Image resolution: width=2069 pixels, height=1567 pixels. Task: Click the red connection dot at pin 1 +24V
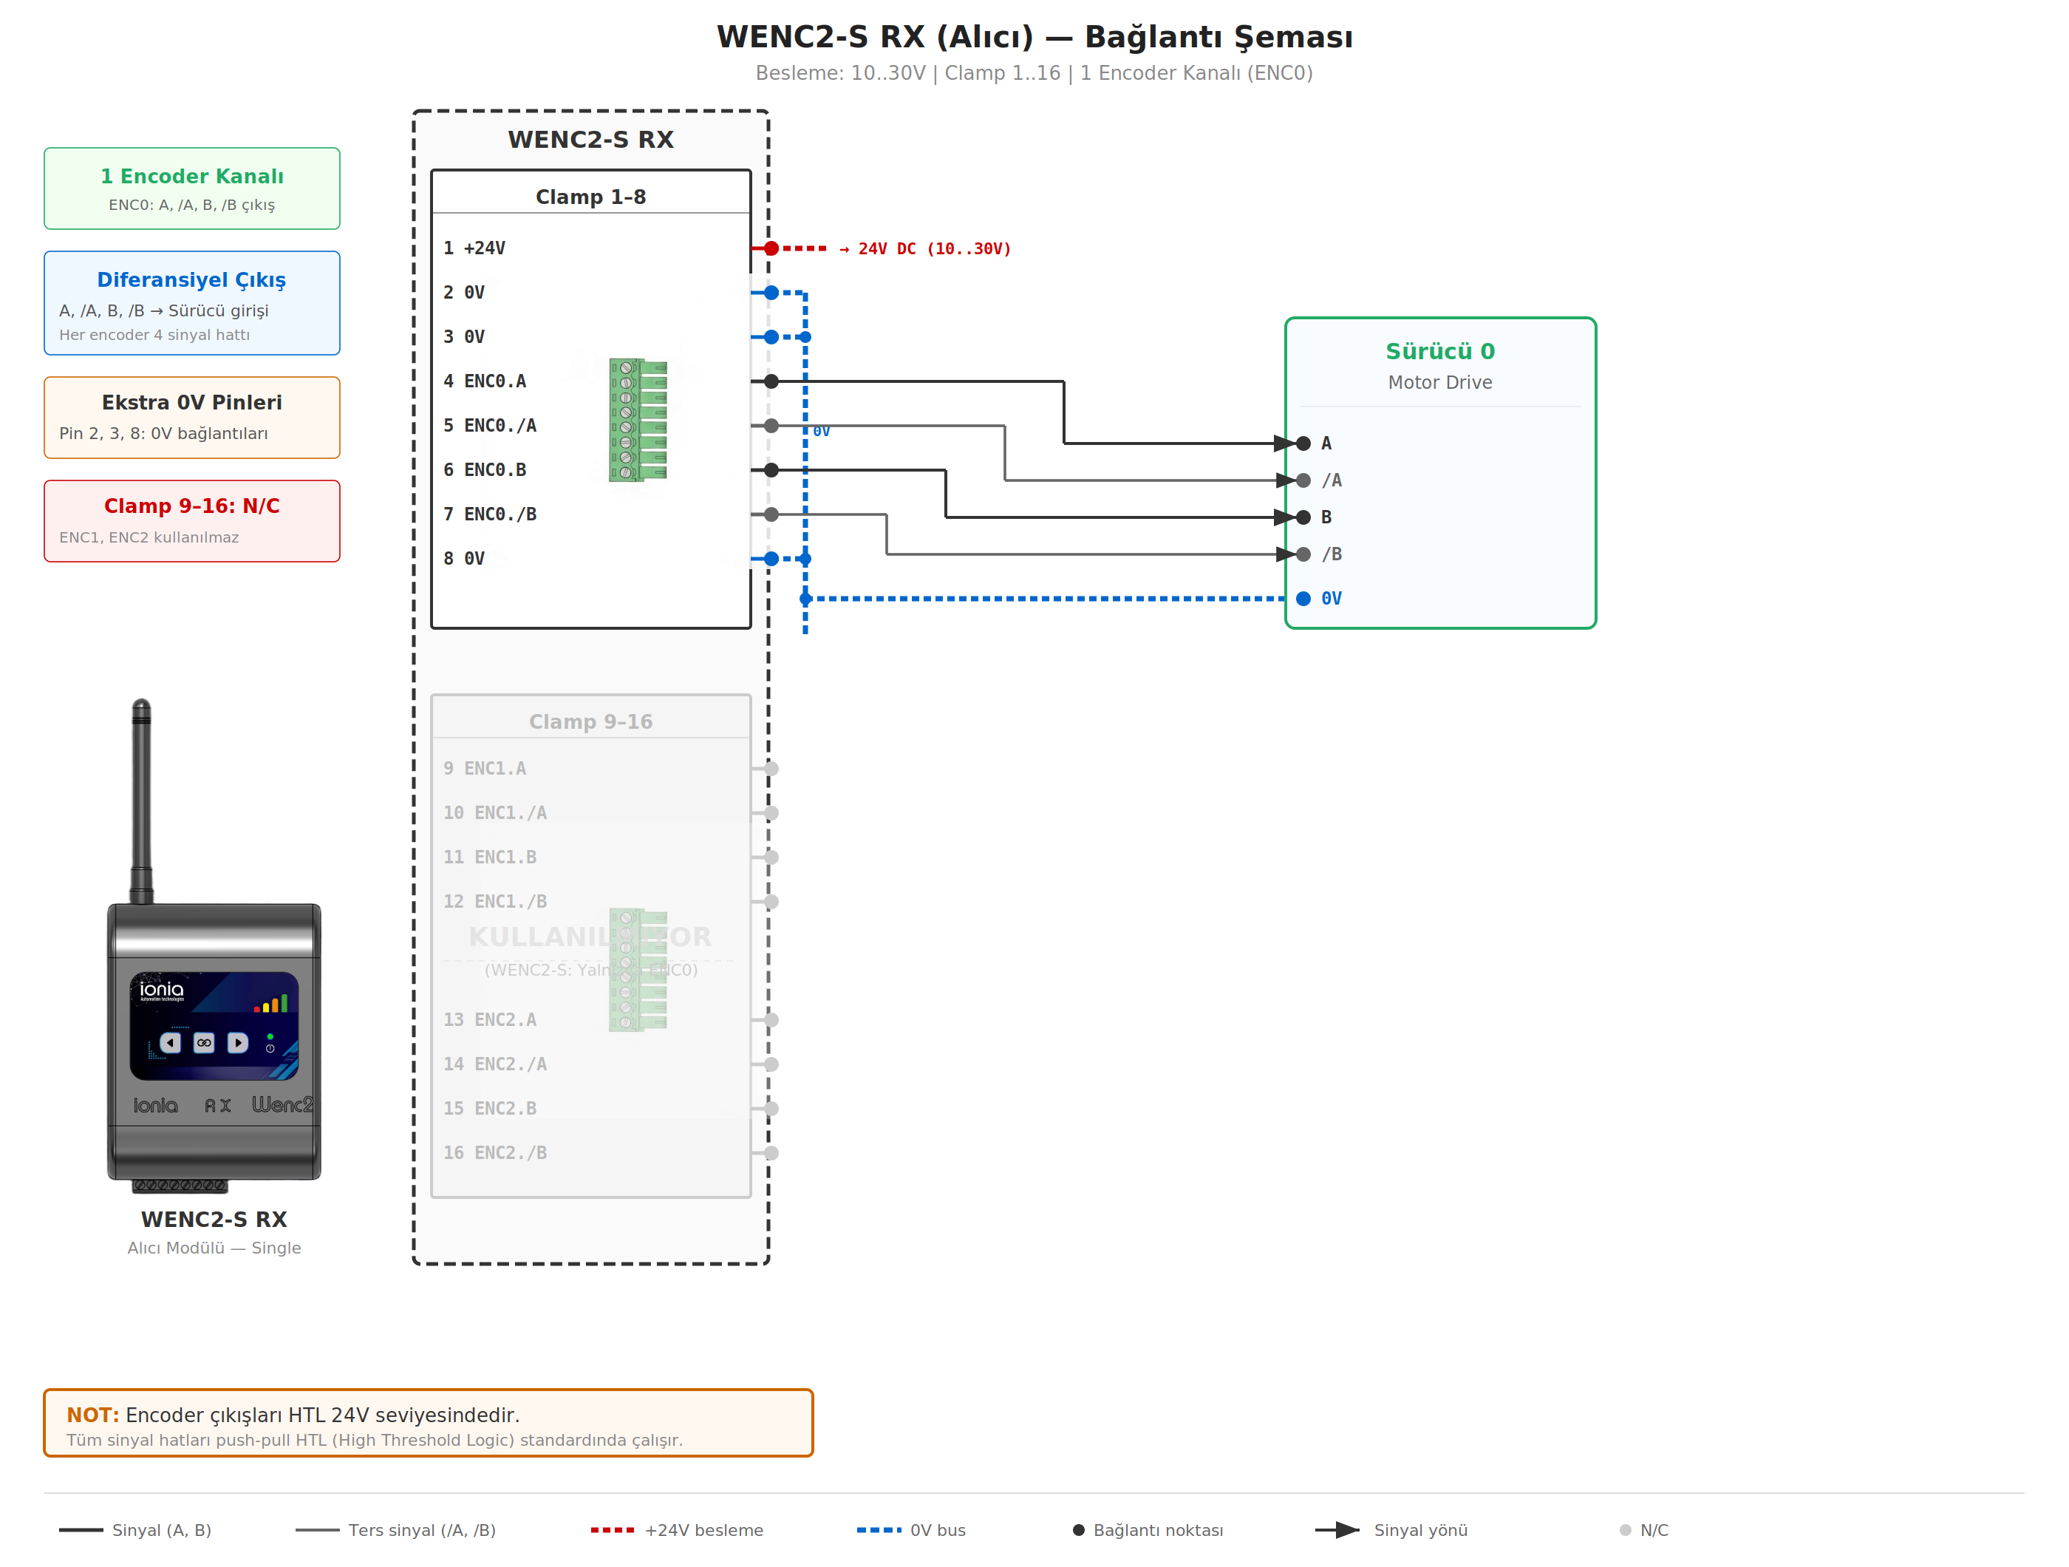(771, 249)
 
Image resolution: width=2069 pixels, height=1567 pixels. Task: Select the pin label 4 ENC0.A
(485, 381)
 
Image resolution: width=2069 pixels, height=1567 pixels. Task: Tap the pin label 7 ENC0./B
(489, 514)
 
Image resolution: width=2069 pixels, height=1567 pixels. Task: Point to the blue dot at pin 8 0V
(771, 559)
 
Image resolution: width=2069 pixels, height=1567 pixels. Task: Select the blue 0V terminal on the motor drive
(1304, 599)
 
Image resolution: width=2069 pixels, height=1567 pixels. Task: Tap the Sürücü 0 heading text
(1439, 352)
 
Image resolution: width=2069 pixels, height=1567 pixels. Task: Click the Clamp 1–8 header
(590, 197)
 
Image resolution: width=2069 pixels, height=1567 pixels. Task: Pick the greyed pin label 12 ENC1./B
(495, 902)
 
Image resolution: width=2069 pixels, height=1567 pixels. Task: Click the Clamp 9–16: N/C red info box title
(191, 506)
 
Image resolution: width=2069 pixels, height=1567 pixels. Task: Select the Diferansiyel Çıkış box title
(191, 279)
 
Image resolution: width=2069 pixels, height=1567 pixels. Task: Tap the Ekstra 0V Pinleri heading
(191, 402)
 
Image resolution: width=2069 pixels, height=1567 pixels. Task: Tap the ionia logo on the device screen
(162, 990)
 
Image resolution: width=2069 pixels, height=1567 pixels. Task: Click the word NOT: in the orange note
(92, 1415)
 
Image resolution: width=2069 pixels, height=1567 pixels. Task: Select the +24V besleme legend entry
(677, 1531)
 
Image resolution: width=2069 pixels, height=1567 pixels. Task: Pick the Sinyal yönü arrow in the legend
(1337, 1531)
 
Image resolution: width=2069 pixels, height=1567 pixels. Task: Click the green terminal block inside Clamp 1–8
(638, 420)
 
